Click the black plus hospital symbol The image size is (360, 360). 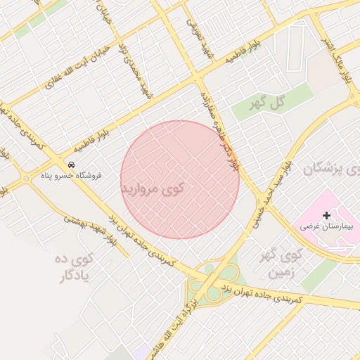[327, 214]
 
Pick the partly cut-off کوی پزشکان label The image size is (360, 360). [332, 169]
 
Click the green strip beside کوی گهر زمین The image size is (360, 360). [319, 275]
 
